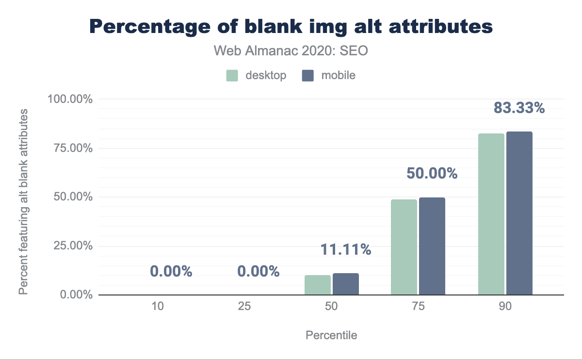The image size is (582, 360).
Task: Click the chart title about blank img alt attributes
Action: pyautogui.click(x=291, y=27)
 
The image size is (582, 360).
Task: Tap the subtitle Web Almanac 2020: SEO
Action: pyautogui.click(x=291, y=51)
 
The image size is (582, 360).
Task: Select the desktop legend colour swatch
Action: pyautogui.click(x=232, y=75)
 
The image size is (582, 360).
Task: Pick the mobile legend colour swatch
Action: pyautogui.click(x=308, y=75)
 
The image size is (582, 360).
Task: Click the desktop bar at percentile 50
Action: pyautogui.click(x=318, y=285)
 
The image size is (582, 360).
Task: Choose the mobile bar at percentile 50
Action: pyautogui.click(x=346, y=284)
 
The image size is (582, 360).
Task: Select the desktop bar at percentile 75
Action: pyautogui.click(x=404, y=247)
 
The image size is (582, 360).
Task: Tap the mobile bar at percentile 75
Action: pyautogui.click(x=432, y=246)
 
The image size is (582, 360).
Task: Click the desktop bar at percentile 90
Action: pyautogui.click(x=491, y=214)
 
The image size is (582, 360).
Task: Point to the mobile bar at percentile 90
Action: pyautogui.click(x=519, y=213)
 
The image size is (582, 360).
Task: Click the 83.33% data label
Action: pyautogui.click(x=519, y=108)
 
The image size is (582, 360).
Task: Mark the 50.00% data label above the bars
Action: pyautogui.click(x=432, y=174)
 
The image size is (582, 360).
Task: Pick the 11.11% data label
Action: pyautogui.click(x=346, y=250)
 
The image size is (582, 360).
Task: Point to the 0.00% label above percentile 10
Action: pyautogui.click(x=171, y=272)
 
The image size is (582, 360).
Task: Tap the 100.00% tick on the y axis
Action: pyautogui.click(x=70, y=99)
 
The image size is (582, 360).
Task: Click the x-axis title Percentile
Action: pyautogui.click(x=331, y=335)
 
